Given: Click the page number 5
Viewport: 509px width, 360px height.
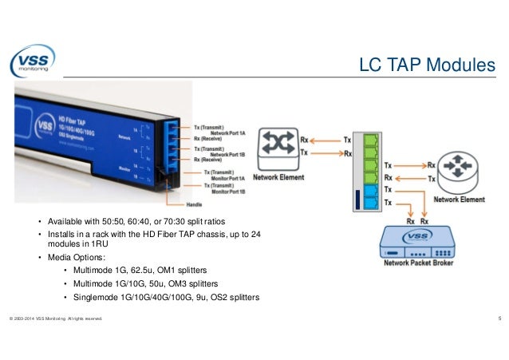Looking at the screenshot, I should (x=498, y=320).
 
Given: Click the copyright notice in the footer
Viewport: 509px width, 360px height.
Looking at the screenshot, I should (x=55, y=321).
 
